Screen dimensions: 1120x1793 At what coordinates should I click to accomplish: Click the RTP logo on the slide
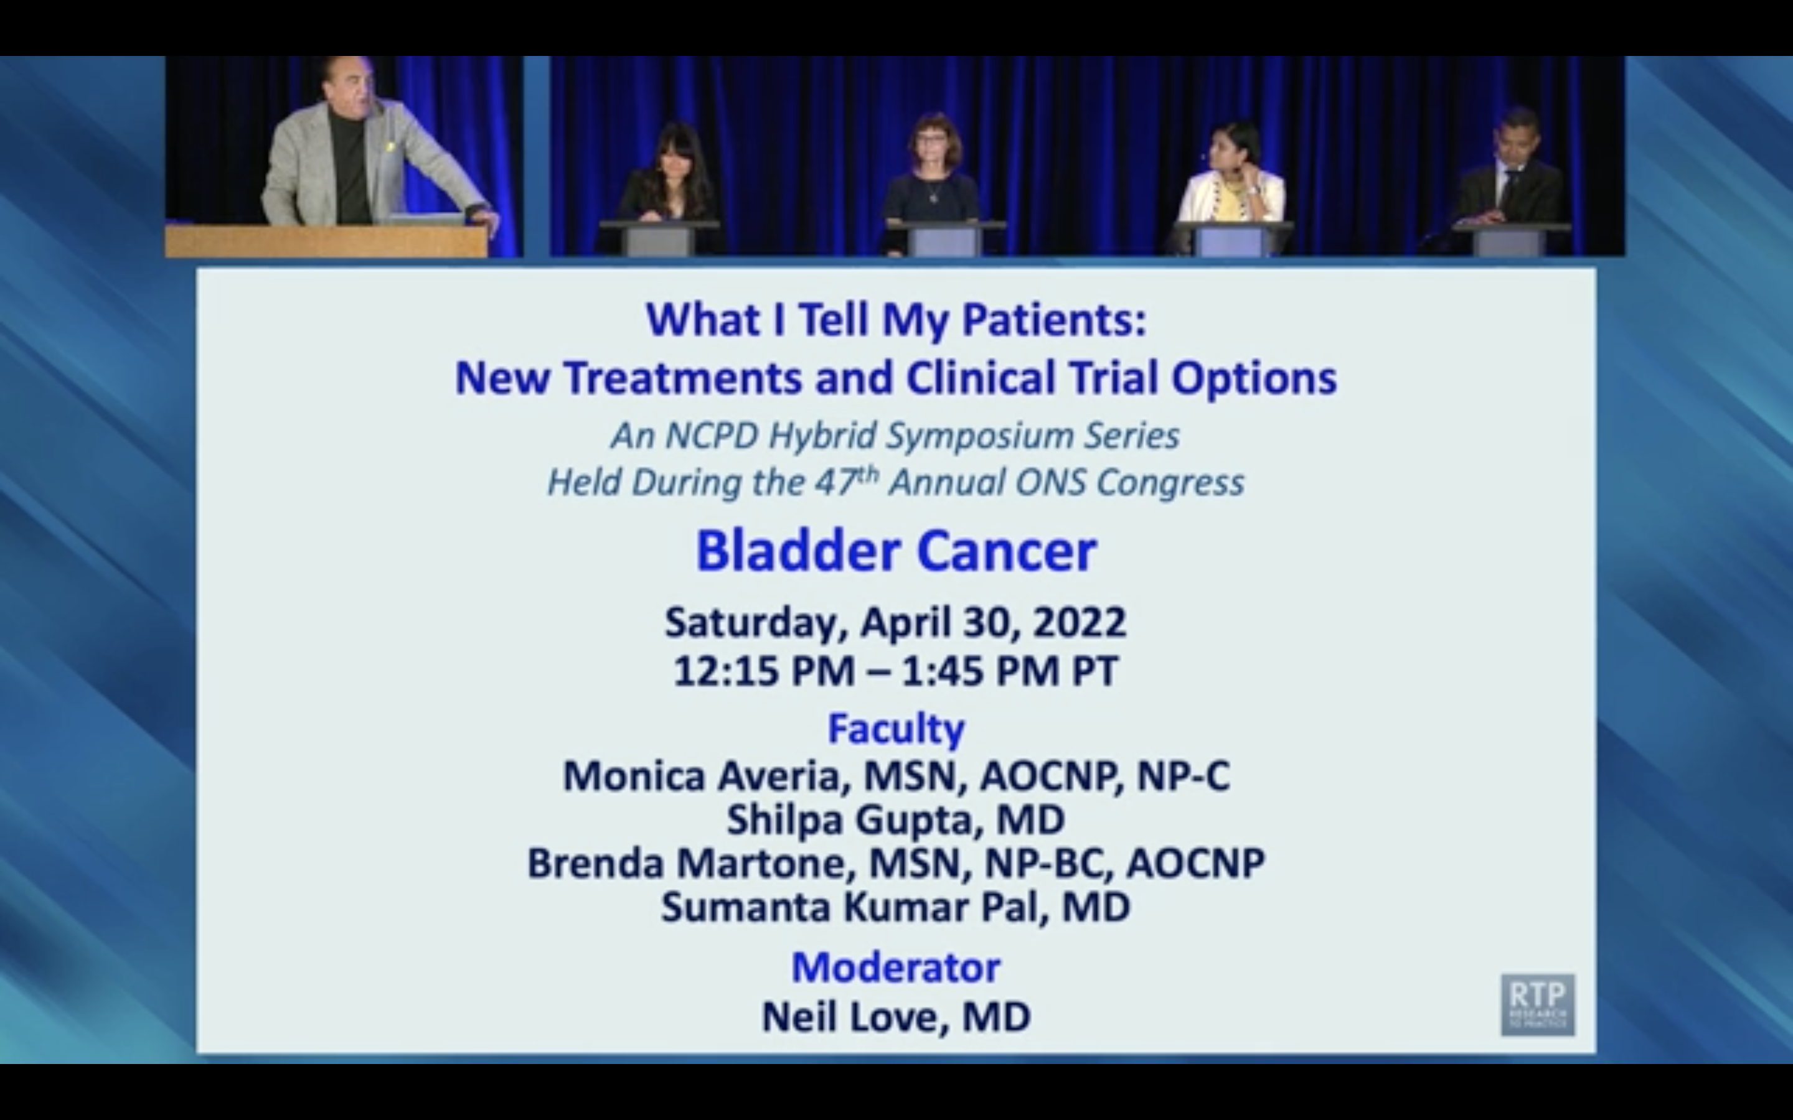[1537, 1004]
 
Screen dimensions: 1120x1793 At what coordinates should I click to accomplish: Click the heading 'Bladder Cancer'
[896, 551]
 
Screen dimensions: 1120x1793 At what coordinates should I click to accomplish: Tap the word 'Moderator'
[896, 968]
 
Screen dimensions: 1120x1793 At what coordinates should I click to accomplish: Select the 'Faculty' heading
[896, 728]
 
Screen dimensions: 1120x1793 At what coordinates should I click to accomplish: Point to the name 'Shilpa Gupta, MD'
[896, 820]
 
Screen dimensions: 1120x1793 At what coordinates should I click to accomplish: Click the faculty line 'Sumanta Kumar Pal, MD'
[896, 907]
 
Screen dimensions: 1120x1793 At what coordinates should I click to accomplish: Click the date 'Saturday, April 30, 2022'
[896, 622]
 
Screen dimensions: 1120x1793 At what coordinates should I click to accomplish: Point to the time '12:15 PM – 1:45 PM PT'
[896, 671]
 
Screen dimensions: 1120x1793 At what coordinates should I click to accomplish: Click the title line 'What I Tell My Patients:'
[896, 320]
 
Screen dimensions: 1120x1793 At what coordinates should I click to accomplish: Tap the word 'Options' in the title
[1254, 378]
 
